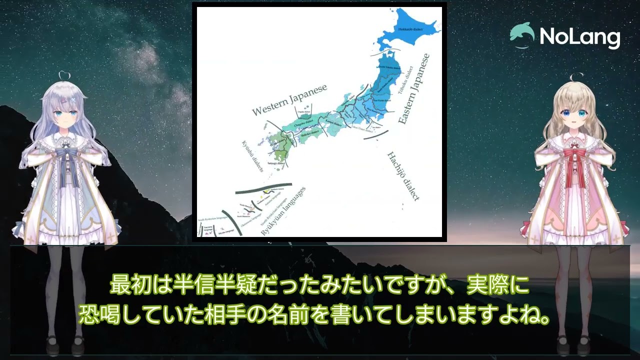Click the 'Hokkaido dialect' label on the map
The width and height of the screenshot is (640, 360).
coord(410,29)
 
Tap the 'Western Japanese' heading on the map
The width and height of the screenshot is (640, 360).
coord(289,100)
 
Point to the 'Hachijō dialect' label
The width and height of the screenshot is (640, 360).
coord(403,176)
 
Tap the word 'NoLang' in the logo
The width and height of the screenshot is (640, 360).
coord(580,37)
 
